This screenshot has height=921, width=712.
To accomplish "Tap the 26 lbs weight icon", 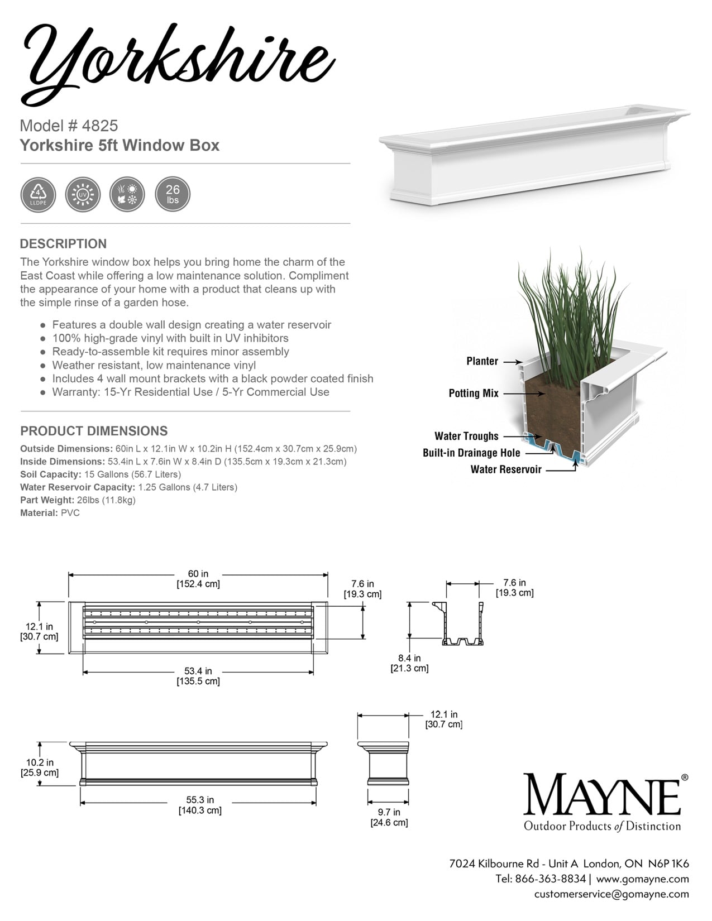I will (x=172, y=194).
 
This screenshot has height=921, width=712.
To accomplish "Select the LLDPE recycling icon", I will (x=38, y=194).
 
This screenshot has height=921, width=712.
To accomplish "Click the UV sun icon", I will (x=83, y=194).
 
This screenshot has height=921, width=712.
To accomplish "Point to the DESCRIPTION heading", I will (x=63, y=244).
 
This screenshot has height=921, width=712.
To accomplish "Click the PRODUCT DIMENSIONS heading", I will (x=94, y=431).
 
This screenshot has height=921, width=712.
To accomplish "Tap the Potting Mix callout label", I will (x=474, y=394).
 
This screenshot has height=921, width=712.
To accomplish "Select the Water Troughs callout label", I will (x=466, y=436).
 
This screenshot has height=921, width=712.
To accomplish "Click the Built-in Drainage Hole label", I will (x=471, y=453).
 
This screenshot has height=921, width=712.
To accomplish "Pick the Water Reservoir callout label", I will (x=506, y=469).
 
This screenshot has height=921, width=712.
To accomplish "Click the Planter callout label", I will (x=482, y=361).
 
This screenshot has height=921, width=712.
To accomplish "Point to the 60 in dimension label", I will (x=198, y=579).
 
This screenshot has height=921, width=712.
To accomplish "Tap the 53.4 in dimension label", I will (x=198, y=676).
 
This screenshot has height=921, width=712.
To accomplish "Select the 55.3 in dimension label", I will (x=199, y=805).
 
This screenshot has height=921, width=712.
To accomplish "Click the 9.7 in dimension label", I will (x=389, y=817).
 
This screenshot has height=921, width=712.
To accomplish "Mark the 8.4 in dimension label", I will (x=409, y=663).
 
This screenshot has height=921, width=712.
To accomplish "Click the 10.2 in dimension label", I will (x=40, y=768).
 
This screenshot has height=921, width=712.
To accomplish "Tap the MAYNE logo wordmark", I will (x=602, y=794).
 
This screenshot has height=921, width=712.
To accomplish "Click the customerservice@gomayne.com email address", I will (x=611, y=894).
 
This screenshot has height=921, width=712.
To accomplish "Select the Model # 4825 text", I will (x=69, y=126).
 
